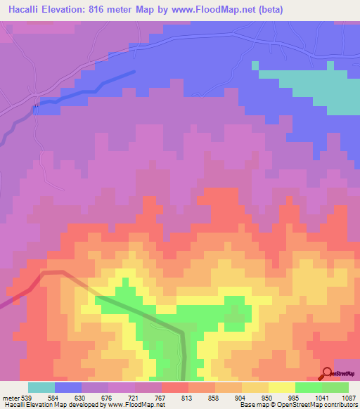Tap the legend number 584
(x=56, y=397)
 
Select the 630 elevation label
(x=82, y=397)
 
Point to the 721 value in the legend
(x=135, y=397)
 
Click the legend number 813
(x=188, y=397)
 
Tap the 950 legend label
(x=269, y=397)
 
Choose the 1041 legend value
(x=321, y=397)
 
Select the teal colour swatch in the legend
(x=41, y=387)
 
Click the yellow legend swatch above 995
(x=282, y=387)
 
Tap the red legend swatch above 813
(x=175, y=387)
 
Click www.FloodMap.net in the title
(x=231, y=9)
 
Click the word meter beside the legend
(x=10, y=397)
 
